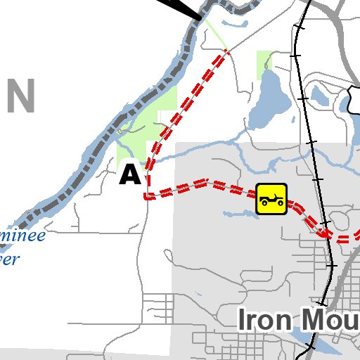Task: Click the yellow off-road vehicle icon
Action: [271, 198]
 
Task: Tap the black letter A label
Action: [130, 174]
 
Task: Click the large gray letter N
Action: [20, 96]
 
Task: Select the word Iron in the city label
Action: [264, 319]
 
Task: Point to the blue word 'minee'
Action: [22, 235]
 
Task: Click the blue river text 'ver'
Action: [9, 259]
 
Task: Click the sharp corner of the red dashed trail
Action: [147, 196]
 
